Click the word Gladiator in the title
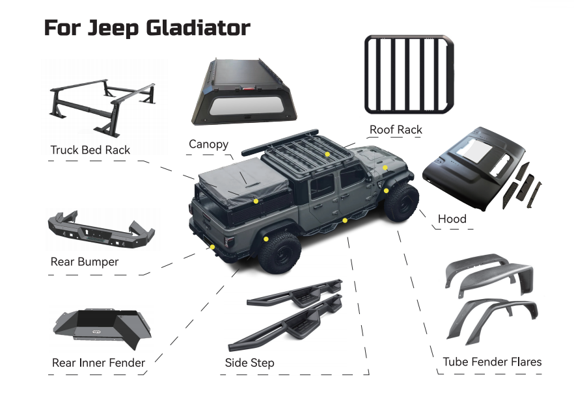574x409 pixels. coord(198,28)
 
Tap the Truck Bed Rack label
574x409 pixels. coord(90,150)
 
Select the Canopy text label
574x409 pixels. coord(209,144)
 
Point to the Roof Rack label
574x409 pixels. coord(396,129)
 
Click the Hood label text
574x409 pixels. coord(452,218)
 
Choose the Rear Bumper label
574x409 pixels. coord(85,262)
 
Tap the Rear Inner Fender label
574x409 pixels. coord(98,363)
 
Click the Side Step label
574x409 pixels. coord(250,363)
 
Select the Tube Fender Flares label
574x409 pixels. coord(492,362)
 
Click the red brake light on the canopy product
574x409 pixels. coord(249,88)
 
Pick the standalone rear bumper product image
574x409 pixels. coord(102,230)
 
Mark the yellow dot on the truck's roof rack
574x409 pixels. coord(327,154)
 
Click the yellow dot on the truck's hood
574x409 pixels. coord(385,168)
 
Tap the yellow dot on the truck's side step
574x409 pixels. coord(345,220)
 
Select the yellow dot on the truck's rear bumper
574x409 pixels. coord(212,247)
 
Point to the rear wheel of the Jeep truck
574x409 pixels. coord(280,252)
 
